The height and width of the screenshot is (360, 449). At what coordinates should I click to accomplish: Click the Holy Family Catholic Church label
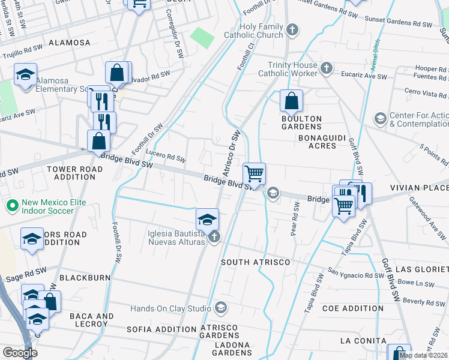(261, 31)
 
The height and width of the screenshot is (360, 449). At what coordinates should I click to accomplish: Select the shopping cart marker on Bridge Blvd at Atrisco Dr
(255, 174)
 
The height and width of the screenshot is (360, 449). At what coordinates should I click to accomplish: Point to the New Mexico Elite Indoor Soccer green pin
(11, 206)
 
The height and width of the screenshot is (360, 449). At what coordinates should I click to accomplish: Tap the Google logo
(20, 352)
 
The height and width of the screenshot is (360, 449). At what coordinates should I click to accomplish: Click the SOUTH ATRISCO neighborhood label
(255, 262)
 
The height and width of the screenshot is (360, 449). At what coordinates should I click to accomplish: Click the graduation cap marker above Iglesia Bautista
(207, 220)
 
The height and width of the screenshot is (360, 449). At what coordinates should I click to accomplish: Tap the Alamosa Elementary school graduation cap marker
(26, 75)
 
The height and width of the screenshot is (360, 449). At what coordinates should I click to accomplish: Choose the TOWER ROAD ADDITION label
(74, 173)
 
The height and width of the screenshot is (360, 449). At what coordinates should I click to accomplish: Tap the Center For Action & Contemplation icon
(379, 118)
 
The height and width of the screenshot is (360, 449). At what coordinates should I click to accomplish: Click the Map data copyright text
(424, 355)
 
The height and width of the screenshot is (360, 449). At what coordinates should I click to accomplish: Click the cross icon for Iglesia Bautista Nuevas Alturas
(213, 238)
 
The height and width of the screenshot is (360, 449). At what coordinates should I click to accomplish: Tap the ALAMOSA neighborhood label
(69, 43)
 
